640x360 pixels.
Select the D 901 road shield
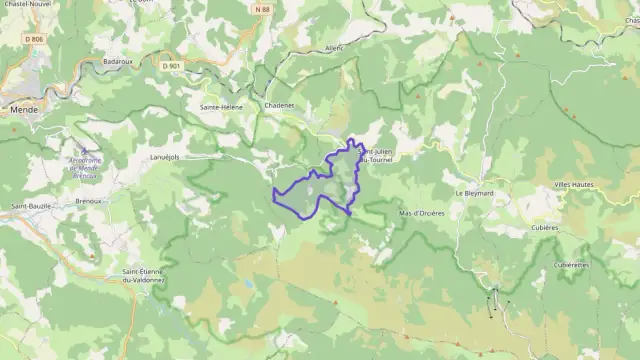click(x=171, y=66)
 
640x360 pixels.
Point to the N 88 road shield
click(x=262, y=10)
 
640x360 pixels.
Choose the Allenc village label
click(x=334, y=47)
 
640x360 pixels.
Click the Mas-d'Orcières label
click(x=421, y=213)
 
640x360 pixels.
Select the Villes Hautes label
click(x=578, y=187)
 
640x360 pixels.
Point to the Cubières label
click(x=571, y=227)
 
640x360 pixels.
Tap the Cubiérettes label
click(x=572, y=264)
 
